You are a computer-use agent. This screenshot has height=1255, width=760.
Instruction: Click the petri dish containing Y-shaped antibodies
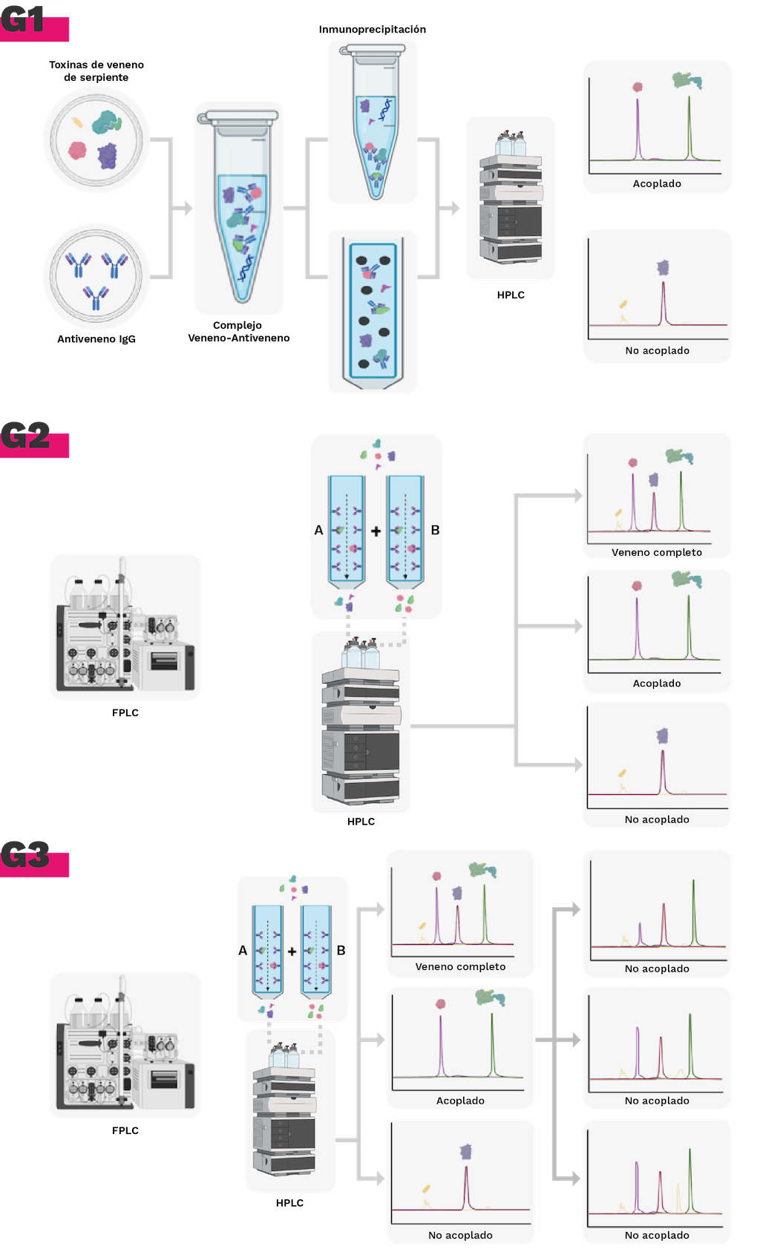tap(96, 276)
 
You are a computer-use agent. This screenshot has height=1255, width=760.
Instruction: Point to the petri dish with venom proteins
tap(96, 140)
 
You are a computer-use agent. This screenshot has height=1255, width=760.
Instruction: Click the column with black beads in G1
tap(373, 312)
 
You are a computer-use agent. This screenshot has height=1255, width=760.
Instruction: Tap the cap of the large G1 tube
tap(239, 117)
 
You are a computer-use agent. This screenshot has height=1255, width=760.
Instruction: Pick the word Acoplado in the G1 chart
tap(657, 183)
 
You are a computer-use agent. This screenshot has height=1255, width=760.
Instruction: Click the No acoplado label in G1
tap(657, 350)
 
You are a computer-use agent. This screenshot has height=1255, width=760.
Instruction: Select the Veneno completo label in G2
tap(657, 552)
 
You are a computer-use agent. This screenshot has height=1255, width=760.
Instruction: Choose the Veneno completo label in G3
tap(460, 966)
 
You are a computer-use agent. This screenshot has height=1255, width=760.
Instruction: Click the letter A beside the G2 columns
tap(318, 530)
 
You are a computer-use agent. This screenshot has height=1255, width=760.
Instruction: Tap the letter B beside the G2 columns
tap(435, 530)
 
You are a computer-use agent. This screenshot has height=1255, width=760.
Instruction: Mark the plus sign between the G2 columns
tap(376, 531)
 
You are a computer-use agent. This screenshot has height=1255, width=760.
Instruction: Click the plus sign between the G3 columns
tap(292, 951)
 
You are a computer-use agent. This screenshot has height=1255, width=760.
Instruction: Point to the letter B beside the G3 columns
tap(341, 950)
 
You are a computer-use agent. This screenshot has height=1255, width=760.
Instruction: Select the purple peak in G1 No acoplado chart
tap(664, 301)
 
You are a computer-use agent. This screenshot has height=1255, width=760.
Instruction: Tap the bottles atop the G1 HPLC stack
tap(511, 144)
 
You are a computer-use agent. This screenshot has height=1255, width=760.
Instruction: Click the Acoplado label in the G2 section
tap(657, 683)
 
